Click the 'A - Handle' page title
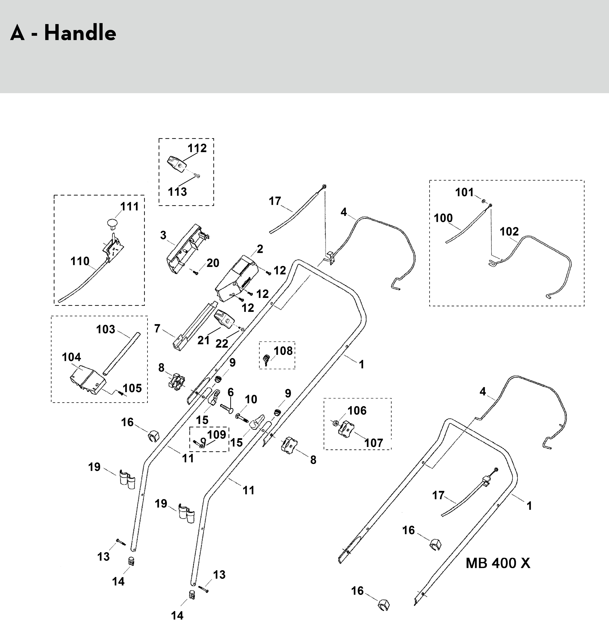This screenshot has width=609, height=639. [63, 33]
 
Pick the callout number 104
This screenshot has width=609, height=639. [71, 357]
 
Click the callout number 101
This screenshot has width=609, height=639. [464, 192]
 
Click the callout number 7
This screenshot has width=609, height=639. [157, 329]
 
